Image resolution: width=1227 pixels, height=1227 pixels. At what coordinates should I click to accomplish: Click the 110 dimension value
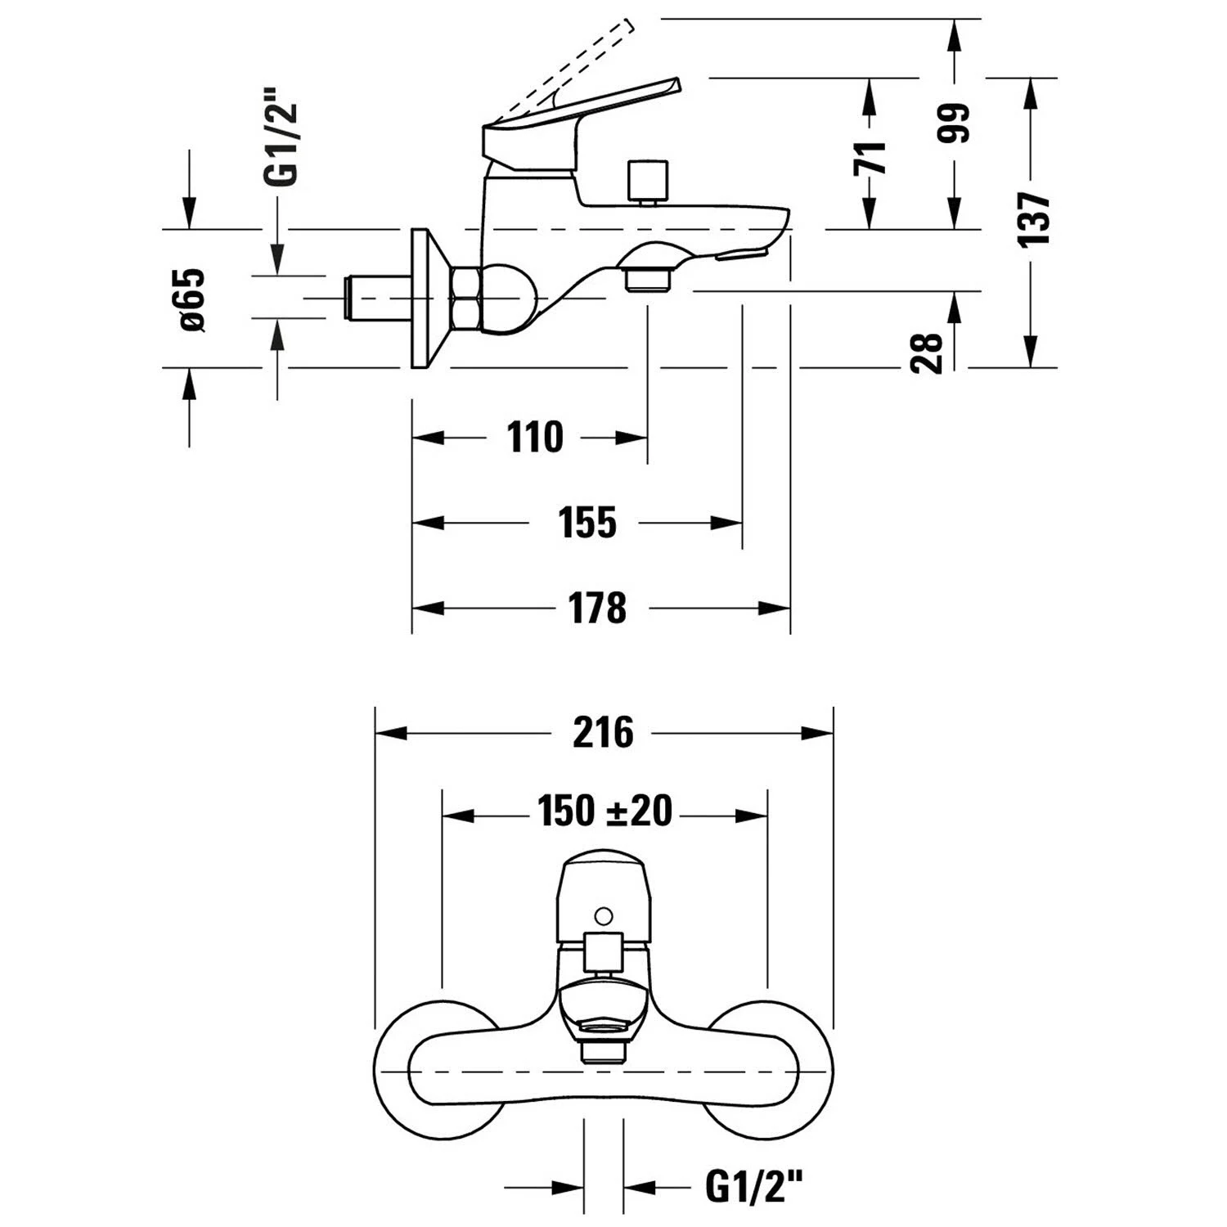pyautogui.click(x=535, y=438)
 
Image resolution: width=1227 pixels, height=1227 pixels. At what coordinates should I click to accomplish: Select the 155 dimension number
pyautogui.click(x=587, y=523)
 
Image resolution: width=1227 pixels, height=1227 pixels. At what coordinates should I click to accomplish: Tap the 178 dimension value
pyautogui.click(x=597, y=608)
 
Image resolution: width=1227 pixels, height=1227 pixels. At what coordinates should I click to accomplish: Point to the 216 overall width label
pyautogui.click(x=603, y=732)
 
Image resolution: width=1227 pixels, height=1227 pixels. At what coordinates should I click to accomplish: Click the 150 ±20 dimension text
pyautogui.click(x=605, y=811)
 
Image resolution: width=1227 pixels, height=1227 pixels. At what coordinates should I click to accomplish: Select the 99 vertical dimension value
pyautogui.click(x=954, y=124)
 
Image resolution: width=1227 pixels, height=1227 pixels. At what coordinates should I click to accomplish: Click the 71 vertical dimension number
pyautogui.click(x=870, y=158)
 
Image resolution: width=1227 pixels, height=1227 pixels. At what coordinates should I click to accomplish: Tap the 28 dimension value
pyautogui.click(x=928, y=353)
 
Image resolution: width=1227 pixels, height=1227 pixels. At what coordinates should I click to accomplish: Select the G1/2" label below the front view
pyautogui.click(x=753, y=1186)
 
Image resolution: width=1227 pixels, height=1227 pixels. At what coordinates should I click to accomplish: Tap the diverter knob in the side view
pyautogui.click(x=648, y=182)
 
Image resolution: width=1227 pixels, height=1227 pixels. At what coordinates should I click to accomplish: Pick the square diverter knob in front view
pyautogui.click(x=603, y=953)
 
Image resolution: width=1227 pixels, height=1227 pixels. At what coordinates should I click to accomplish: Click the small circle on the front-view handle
pyautogui.click(x=604, y=915)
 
